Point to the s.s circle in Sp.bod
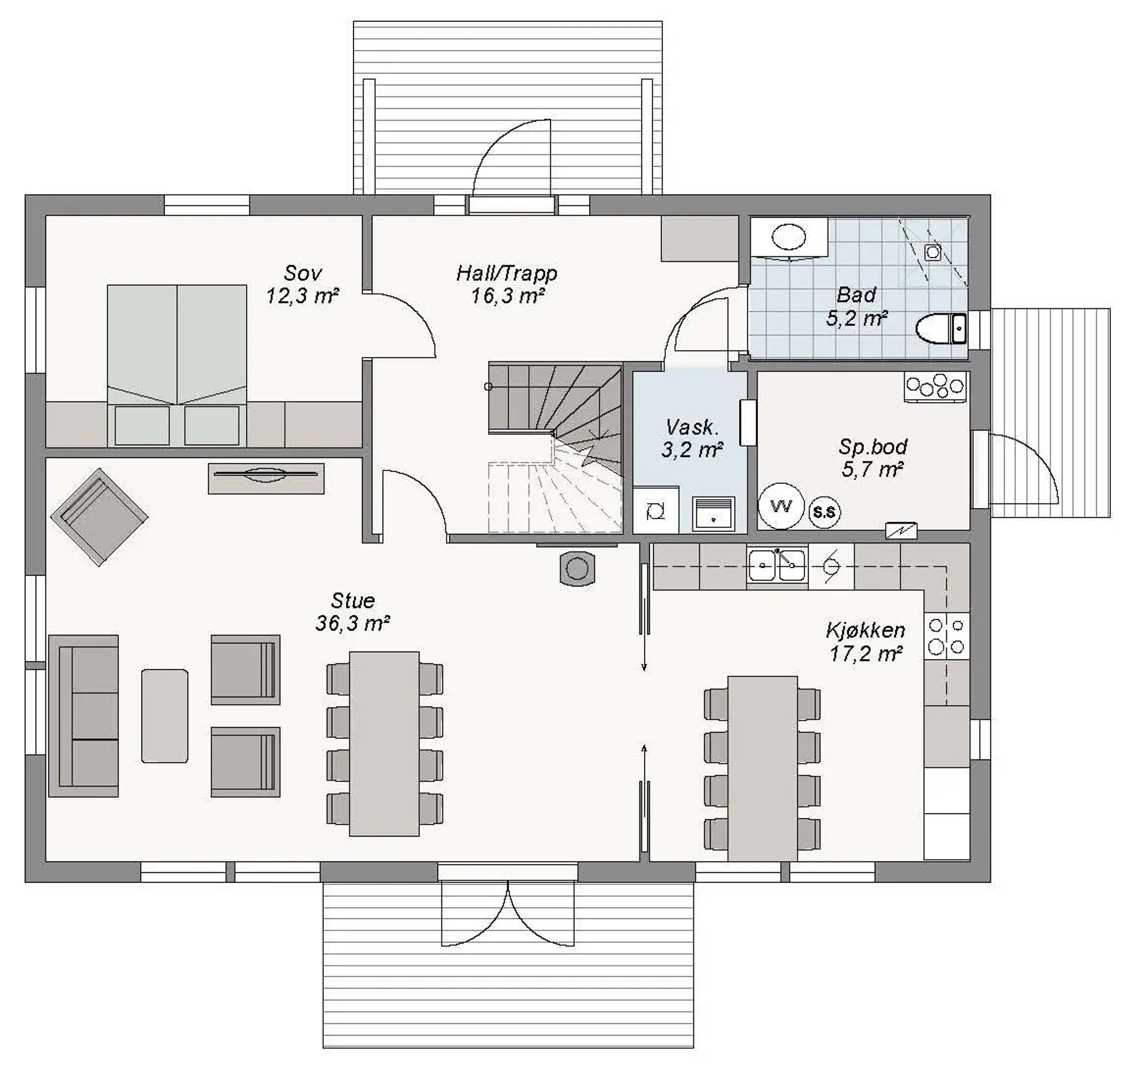pos(824,511)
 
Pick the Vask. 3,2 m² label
pos(692,438)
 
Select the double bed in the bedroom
pos(177,365)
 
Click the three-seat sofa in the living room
pos(84,716)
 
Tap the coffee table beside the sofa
pos(165,716)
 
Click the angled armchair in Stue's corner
pos(100,517)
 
